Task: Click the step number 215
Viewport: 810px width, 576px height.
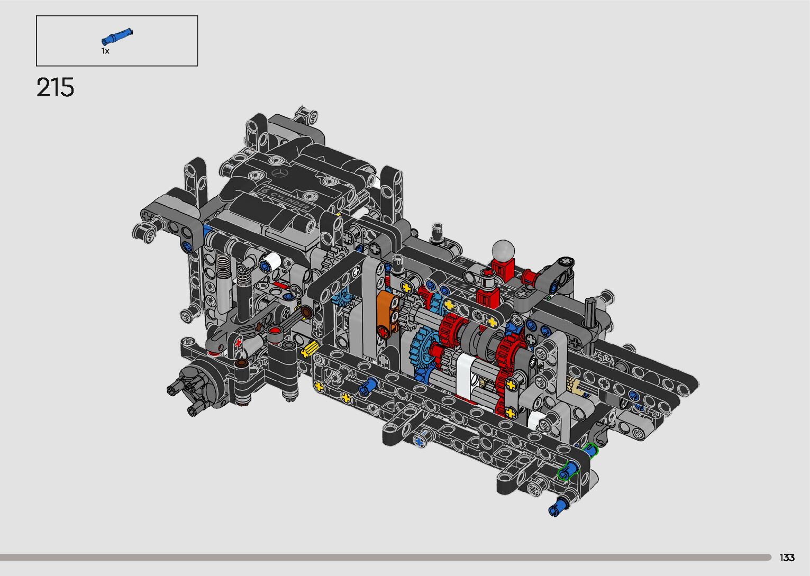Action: point(56,87)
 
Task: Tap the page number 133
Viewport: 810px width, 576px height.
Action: point(787,557)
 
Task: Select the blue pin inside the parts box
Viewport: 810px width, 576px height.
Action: point(117,36)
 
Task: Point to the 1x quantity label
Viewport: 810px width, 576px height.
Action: point(105,51)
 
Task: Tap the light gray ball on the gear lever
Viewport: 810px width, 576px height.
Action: point(503,250)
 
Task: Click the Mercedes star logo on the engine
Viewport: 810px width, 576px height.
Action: point(279,173)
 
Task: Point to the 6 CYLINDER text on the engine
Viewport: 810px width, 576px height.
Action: point(286,198)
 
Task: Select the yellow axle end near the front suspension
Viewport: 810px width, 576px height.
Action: point(310,349)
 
